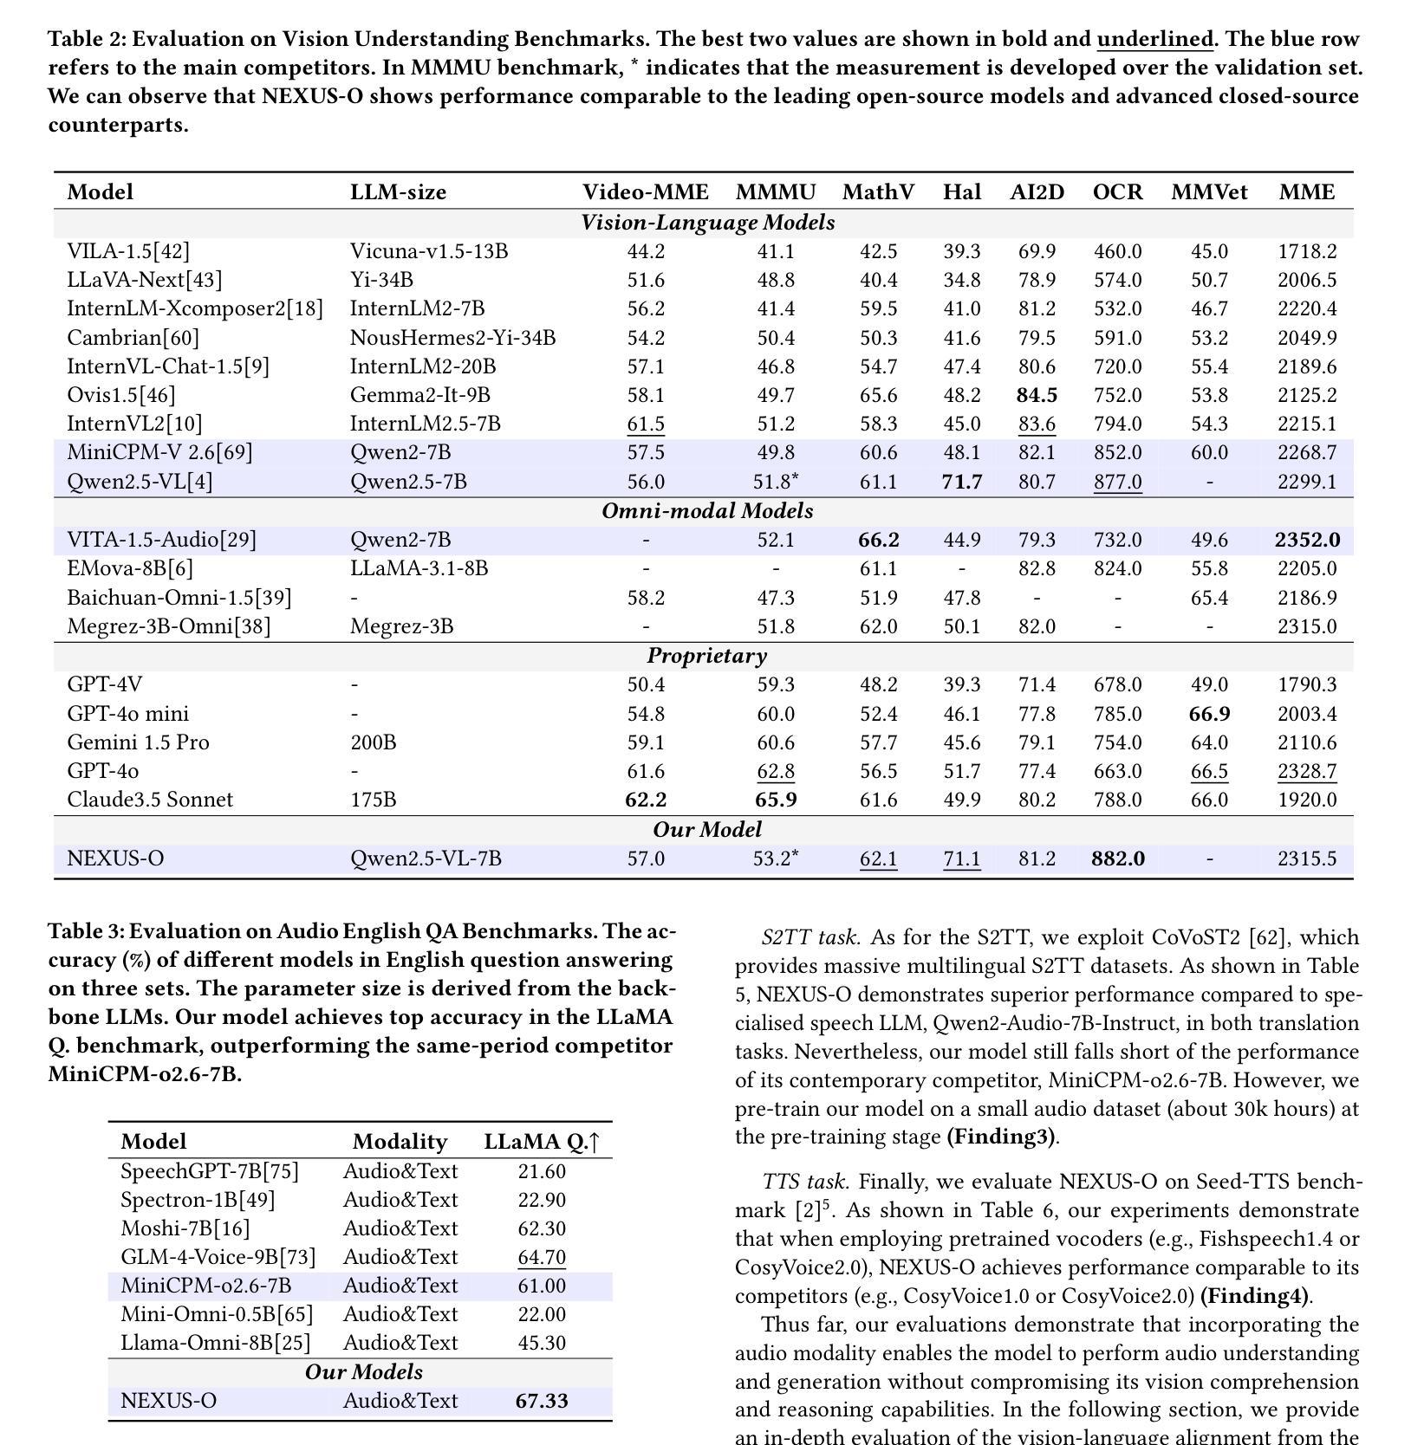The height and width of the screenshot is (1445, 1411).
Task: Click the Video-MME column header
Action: (x=645, y=192)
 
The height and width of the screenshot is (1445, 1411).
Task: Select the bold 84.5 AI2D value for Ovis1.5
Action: (x=1037, y=395)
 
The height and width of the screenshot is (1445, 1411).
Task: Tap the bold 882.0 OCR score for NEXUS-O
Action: (x=1117, y=859)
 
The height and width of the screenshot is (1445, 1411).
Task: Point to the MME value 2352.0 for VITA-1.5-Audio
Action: (x=1306, y=540)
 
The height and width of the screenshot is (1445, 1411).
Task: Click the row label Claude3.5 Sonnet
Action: (x=150, y=799)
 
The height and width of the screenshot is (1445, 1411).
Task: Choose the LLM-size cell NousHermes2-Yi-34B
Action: (x=452, y=338)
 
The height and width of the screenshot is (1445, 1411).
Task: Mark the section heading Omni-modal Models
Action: (x=707, y=511)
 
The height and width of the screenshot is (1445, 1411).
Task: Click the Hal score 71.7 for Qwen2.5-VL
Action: (x=961, y=482)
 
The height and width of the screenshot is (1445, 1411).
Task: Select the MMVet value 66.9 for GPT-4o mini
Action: (x=1209, y=714)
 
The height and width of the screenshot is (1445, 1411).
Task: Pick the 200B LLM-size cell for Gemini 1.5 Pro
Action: (x=373, y=742)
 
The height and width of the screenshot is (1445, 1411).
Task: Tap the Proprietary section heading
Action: (x=706, y=656)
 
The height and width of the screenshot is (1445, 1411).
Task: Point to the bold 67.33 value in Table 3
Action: (x=542, y=1401)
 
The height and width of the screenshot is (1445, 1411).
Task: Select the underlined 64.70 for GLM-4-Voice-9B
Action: (x=542, y=1257)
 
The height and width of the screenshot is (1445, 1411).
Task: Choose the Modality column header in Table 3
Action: (x=400, y=1142)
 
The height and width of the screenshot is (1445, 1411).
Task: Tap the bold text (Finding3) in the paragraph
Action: (x=1001, y=1137)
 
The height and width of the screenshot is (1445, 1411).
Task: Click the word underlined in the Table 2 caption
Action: (x=1154, y=39)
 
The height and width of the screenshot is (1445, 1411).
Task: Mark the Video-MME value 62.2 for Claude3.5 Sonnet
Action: (x=646, y=799)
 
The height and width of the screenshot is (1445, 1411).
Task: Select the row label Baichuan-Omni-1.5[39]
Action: (x=179, y=598)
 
